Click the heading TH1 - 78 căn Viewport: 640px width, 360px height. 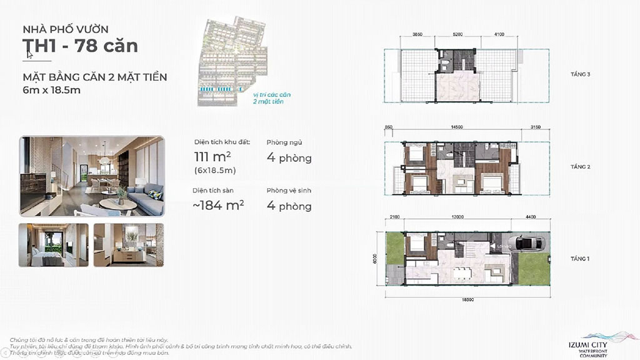[80, 46]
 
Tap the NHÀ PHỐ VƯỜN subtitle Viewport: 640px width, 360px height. [66, 29]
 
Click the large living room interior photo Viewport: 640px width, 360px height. [92, 176]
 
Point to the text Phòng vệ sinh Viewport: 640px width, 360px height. [289, 190]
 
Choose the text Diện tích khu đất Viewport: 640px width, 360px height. [222, 142]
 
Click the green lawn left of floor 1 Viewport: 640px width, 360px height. [395, 247]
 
